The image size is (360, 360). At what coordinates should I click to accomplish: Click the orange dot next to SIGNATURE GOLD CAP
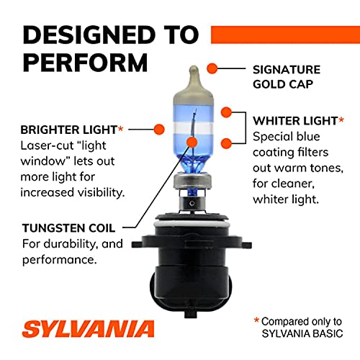click(212, 68)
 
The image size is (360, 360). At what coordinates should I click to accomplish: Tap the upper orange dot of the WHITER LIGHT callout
click(226, 113)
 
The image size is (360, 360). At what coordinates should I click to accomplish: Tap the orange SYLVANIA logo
click(88, 330)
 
